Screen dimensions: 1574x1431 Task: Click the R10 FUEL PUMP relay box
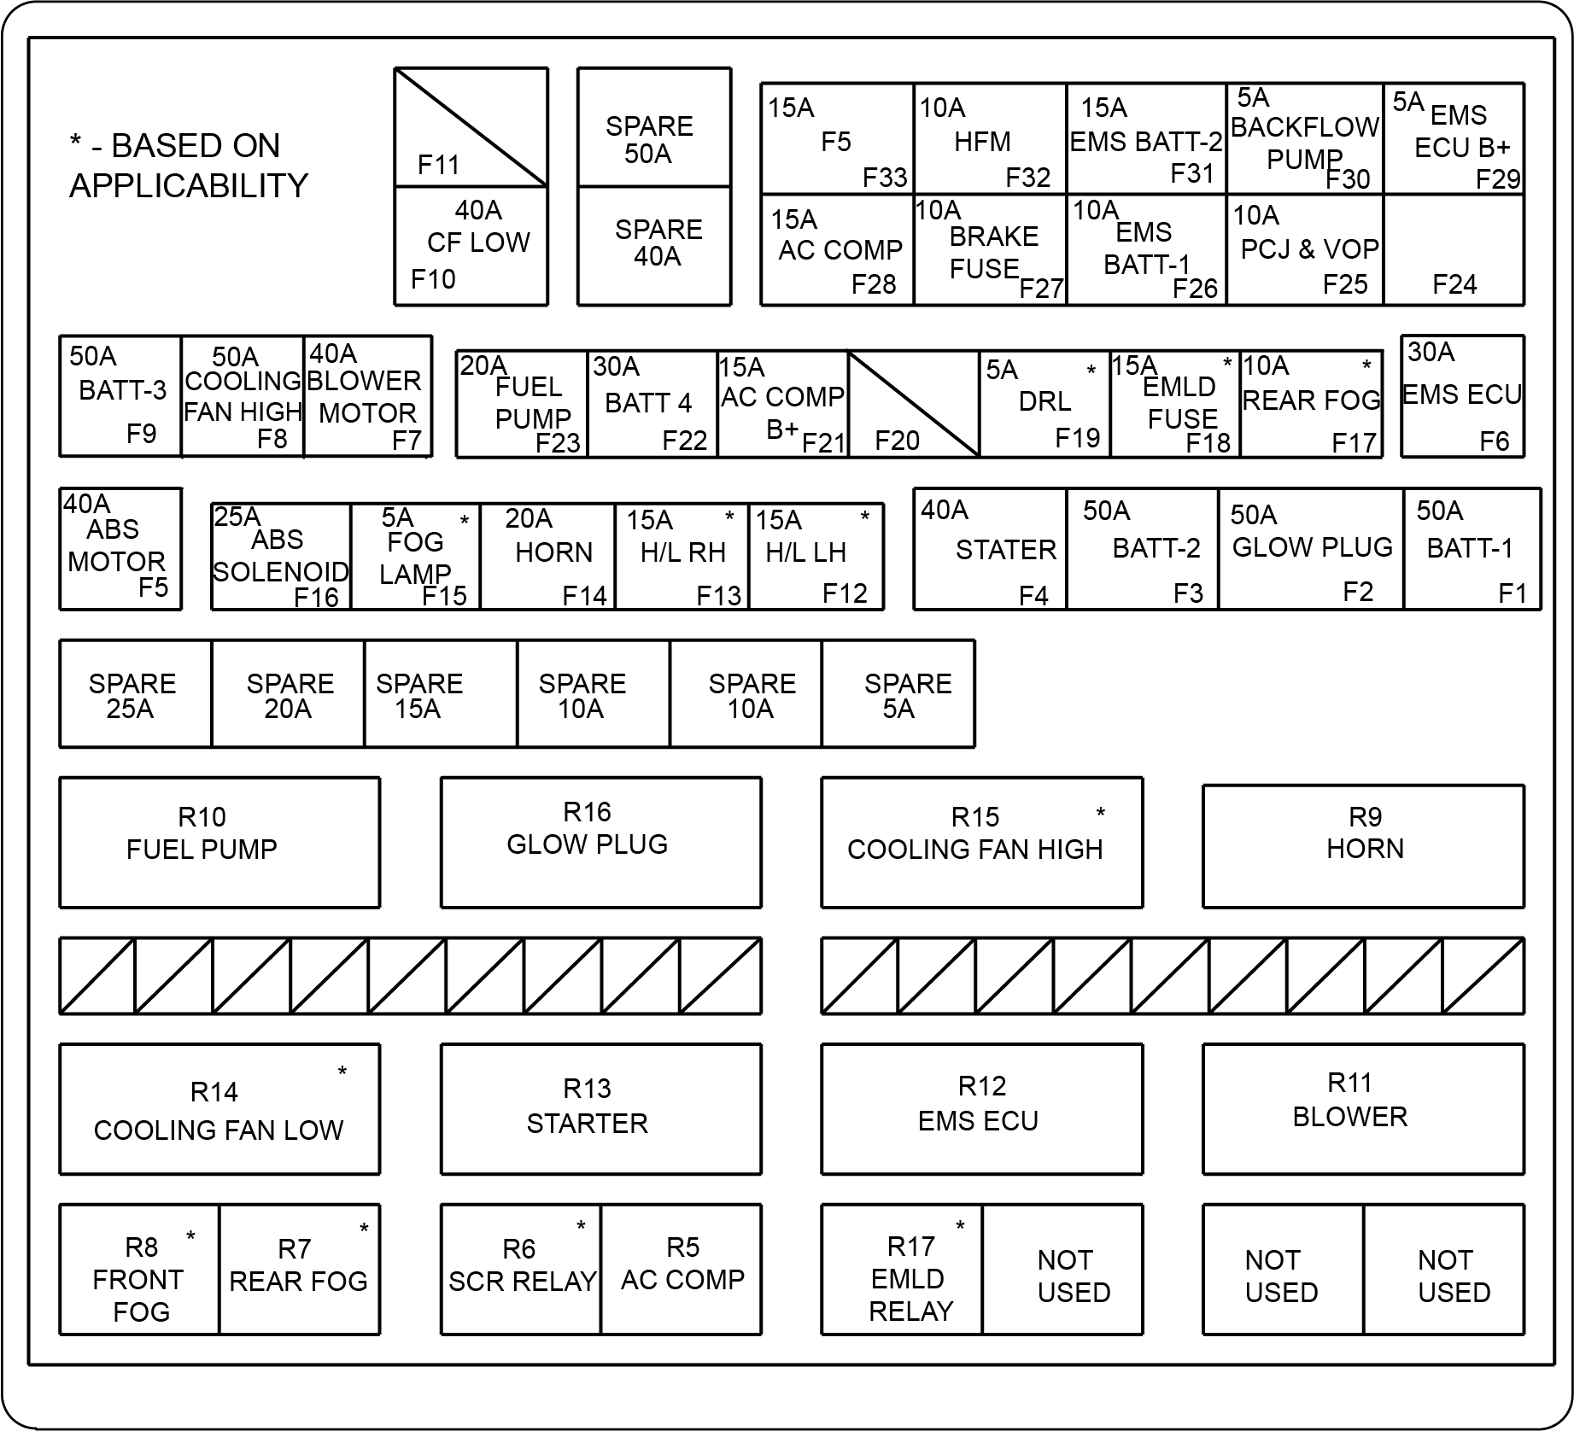pos(219,842)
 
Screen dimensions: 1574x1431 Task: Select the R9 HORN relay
pos(1363,846)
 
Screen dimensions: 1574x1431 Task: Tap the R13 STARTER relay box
pos(600,1109)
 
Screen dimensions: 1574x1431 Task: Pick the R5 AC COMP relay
pos(682,1269)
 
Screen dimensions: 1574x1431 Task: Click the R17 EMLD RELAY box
pos(902,1269)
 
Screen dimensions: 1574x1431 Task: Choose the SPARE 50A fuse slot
pos(654,127)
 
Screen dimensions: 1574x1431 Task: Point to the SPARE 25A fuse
pos(135,694)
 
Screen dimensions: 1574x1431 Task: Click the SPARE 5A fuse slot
pos(898,694)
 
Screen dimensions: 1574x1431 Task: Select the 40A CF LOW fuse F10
pos(471,246)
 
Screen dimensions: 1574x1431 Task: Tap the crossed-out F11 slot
pos(471,127)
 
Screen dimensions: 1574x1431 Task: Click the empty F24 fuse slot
pos(1454,249)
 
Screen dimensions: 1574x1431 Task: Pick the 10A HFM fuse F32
pos(990,138)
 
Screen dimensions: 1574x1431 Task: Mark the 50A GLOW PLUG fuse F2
pos(1311,549)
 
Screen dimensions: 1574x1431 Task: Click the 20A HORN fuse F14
pos(547,556)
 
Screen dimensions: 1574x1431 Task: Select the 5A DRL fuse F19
pos(1044,404)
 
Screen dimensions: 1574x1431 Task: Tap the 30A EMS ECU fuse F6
pos(1462,396)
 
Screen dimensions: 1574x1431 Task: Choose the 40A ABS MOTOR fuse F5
pos(120,549)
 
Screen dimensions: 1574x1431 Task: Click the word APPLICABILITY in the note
pos(189,185)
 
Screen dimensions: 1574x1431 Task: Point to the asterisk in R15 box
pos(1101,814)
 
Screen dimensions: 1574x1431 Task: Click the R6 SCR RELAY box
pos(521,1269)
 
